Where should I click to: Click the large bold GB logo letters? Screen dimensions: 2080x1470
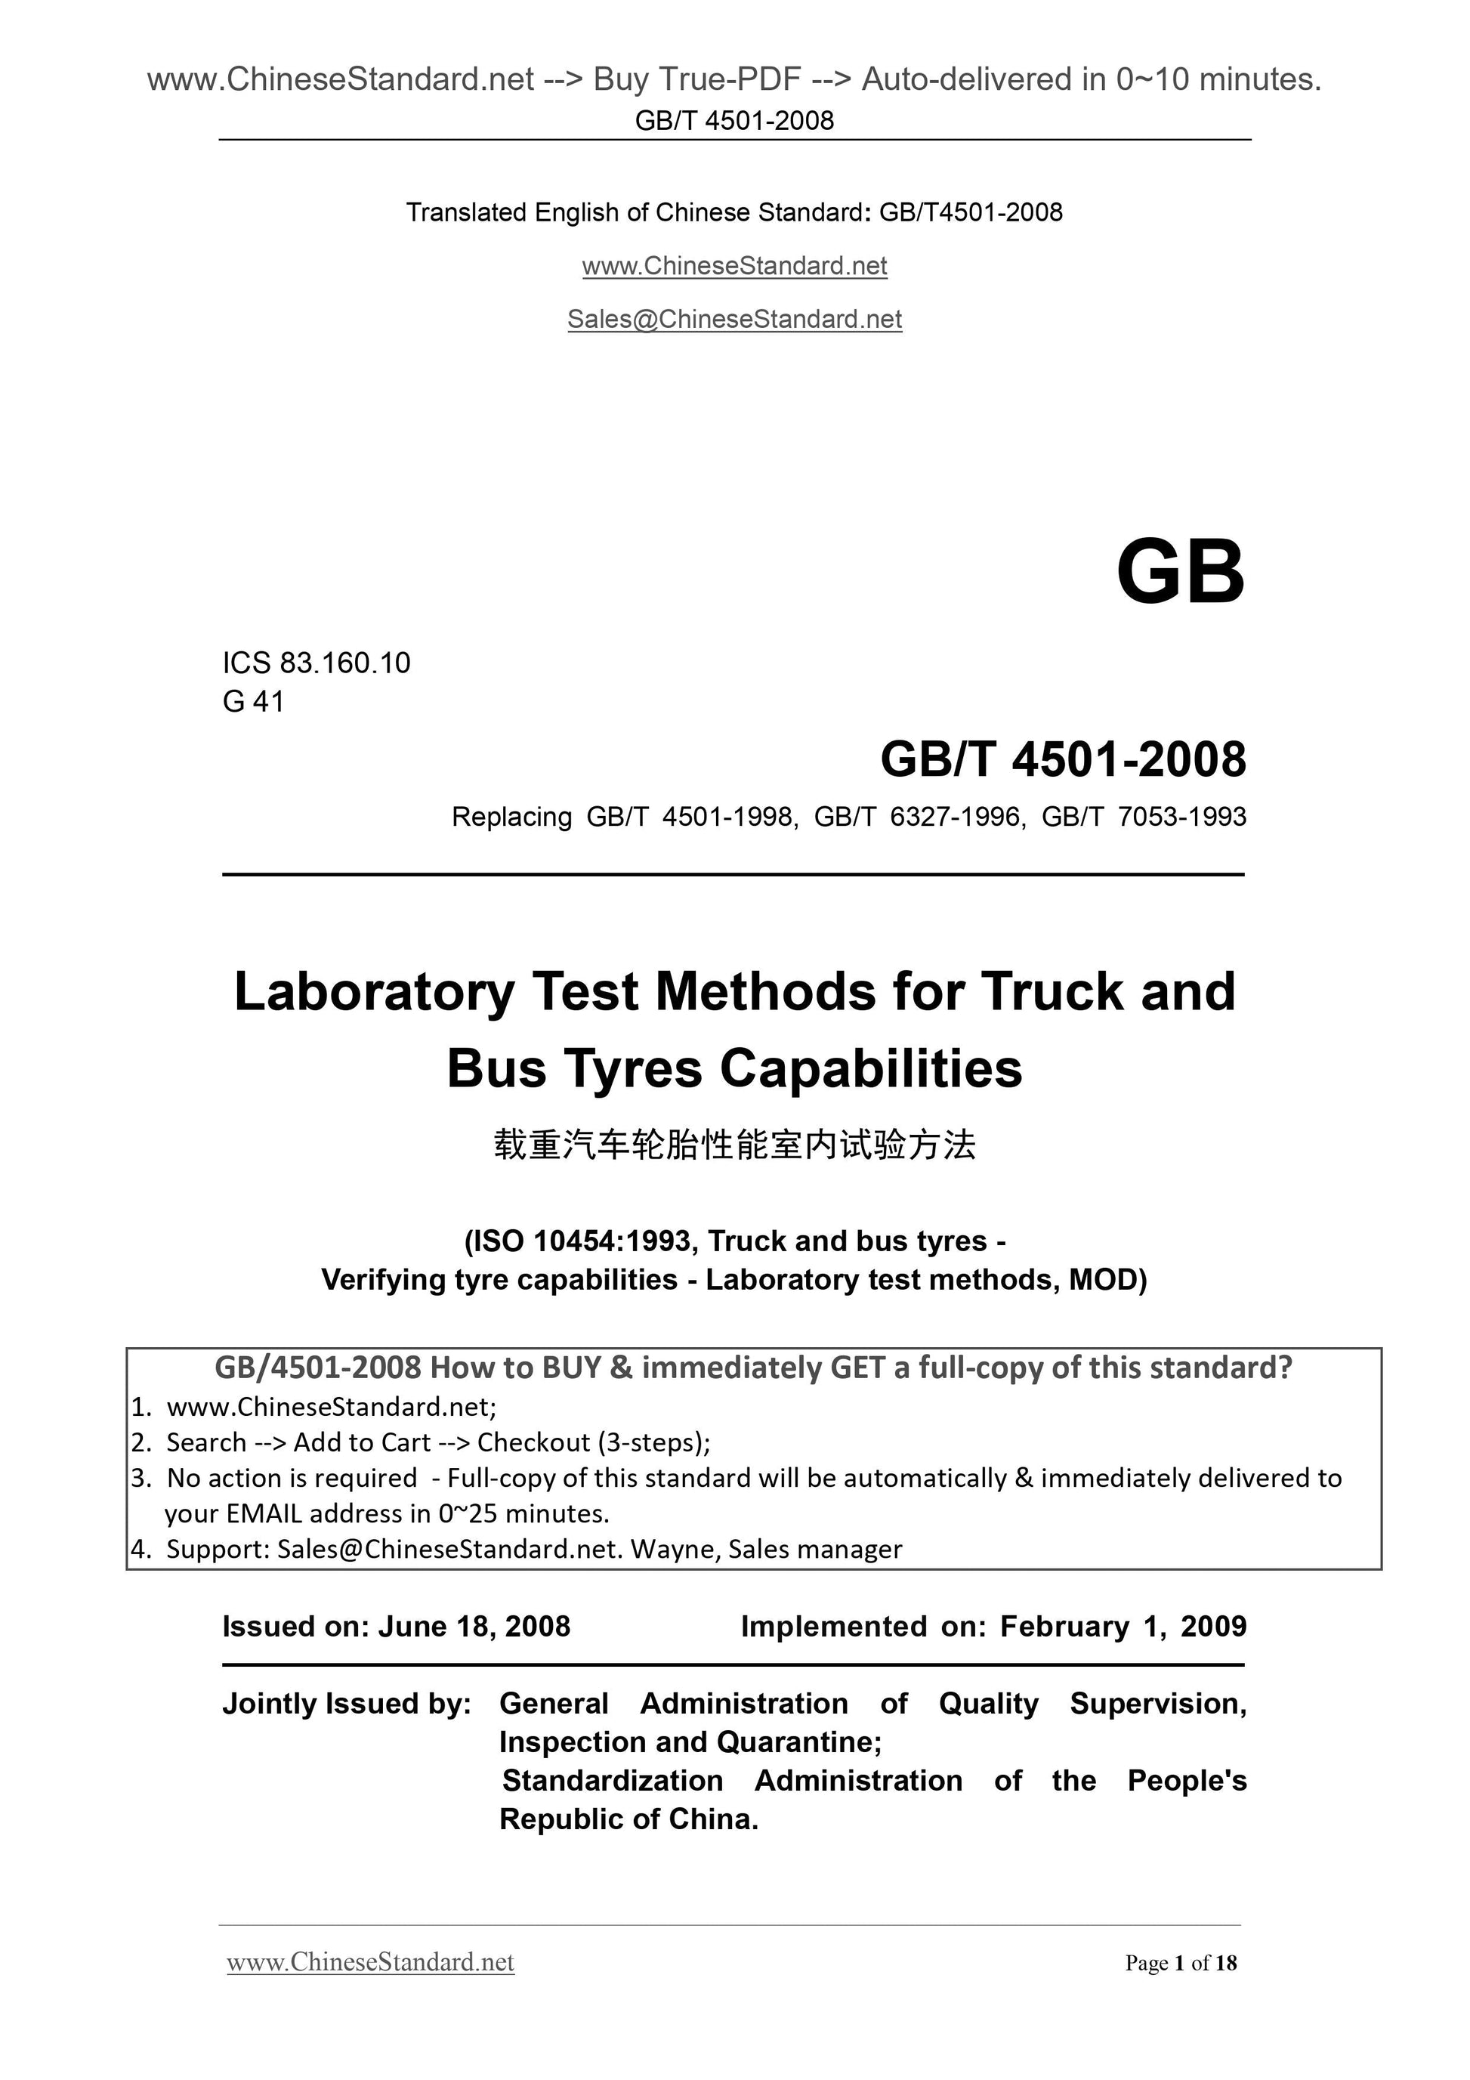tap(1179, 573)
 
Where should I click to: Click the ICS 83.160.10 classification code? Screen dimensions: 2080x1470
tap(316, 663)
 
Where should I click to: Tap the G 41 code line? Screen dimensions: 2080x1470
tap(254, 701)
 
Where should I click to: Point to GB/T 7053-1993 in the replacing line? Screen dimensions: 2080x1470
tap(1144, 817)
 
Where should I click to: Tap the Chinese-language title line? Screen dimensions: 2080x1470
tap(734, 1145)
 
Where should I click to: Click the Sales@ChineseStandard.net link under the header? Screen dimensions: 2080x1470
tap(734, 319)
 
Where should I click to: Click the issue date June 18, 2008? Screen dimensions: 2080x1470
tap(474, 1626)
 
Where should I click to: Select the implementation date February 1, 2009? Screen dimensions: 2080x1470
tap(1123, 1626)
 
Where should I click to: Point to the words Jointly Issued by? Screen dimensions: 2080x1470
tap(347, 1703)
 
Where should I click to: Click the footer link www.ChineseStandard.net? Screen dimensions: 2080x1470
tap(370, 1962)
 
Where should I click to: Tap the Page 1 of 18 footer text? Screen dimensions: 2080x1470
tap(1180, 1963)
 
